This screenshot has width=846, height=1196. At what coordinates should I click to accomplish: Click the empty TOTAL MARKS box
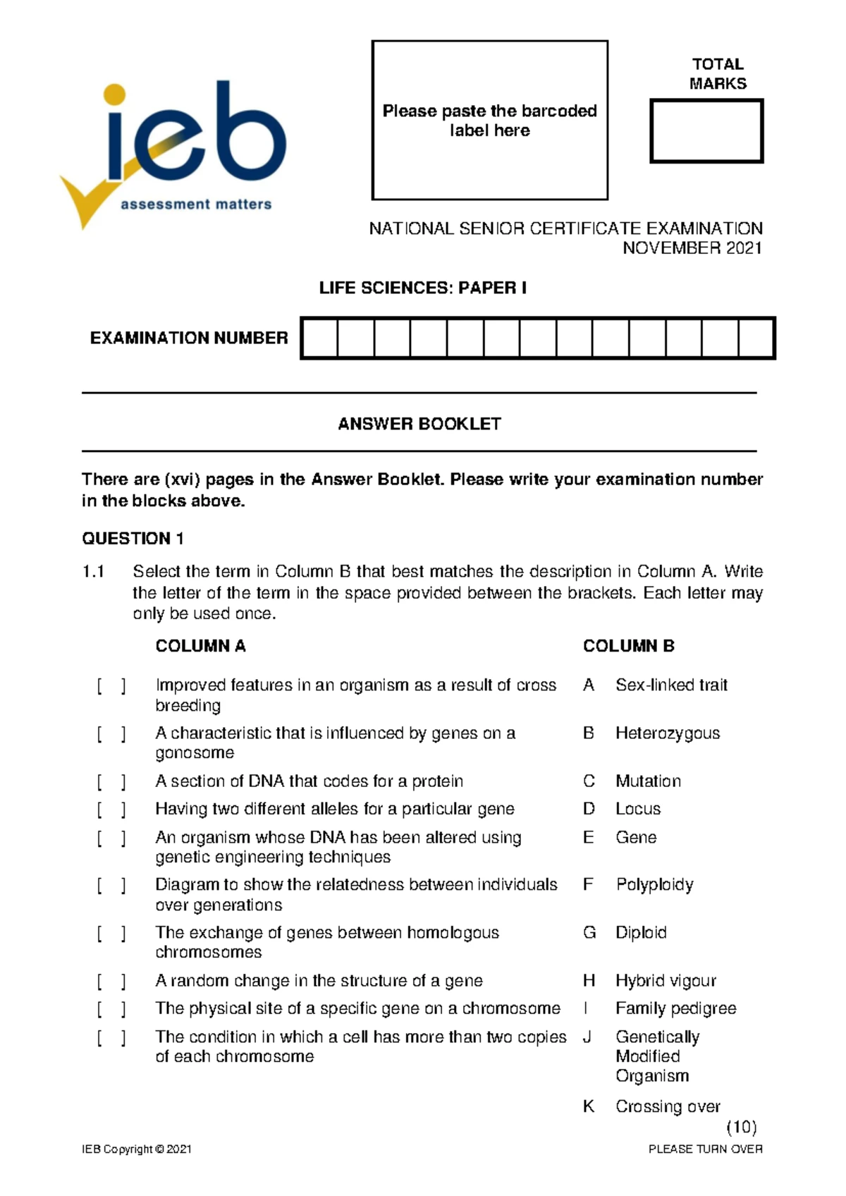[x=706, y=131]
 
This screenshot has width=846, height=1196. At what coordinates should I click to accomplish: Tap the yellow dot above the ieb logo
[x=114, y=94]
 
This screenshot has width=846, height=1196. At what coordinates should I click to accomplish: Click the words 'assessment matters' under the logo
[x=196, y=205]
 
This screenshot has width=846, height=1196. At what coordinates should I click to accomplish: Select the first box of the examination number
[x=320, y=338]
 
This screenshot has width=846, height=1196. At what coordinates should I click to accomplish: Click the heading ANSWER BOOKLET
[x=419, y=424]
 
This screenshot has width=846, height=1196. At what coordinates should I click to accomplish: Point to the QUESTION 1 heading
[x=133, y=539]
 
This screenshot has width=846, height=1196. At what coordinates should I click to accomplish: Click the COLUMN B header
[x=628, y=646]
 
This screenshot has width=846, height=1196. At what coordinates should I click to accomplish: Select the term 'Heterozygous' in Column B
[x=667, y=733]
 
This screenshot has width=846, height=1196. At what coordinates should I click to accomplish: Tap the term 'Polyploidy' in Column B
[x=654, y=884]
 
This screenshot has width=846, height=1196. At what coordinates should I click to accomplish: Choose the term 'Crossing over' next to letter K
[x=667, y=1106]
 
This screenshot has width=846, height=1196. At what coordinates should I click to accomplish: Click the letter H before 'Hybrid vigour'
[x=589, y=981]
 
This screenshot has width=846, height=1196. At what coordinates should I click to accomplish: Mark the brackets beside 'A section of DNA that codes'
[x=111, y=781]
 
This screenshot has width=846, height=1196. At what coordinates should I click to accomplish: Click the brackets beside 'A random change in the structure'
[x=111, y=981]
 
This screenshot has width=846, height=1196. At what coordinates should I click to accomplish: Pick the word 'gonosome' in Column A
[x=195, y=753]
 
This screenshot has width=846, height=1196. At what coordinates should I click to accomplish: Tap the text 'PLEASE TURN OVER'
[x=705, y=1149]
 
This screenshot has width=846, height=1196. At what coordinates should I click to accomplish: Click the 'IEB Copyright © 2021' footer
[x=137, y=1149]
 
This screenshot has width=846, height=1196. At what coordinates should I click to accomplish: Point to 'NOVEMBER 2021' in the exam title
[x=692, y=248]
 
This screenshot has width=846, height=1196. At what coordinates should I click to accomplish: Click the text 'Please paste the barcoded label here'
[x=489, y=121]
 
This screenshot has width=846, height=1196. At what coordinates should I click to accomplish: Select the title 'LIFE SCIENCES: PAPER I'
[x=422, y=288]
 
